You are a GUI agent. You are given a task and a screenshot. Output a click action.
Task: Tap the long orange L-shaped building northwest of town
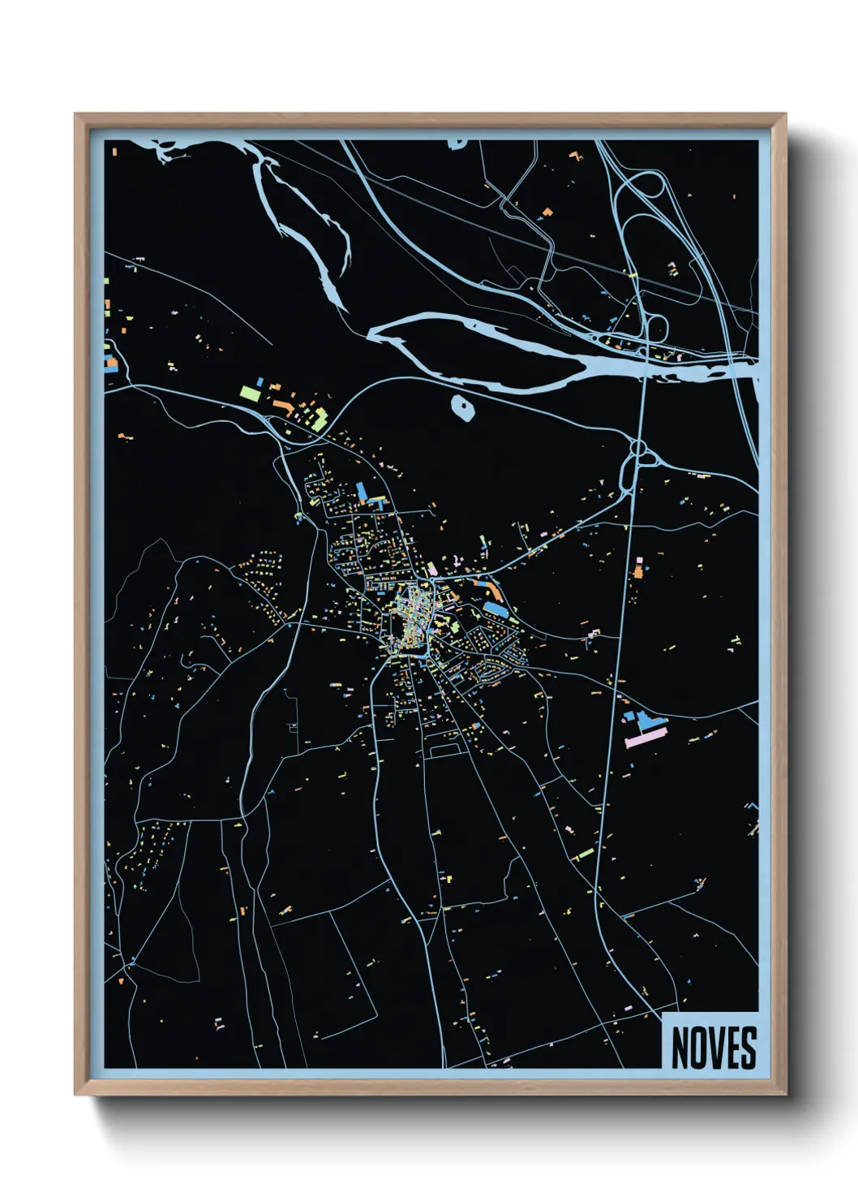[283, 403]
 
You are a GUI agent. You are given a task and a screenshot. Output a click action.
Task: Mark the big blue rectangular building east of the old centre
[495, 609]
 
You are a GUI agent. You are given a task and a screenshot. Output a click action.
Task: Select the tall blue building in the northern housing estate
[362, 492]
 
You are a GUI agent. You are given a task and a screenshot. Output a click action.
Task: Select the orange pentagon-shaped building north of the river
[547, 213]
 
